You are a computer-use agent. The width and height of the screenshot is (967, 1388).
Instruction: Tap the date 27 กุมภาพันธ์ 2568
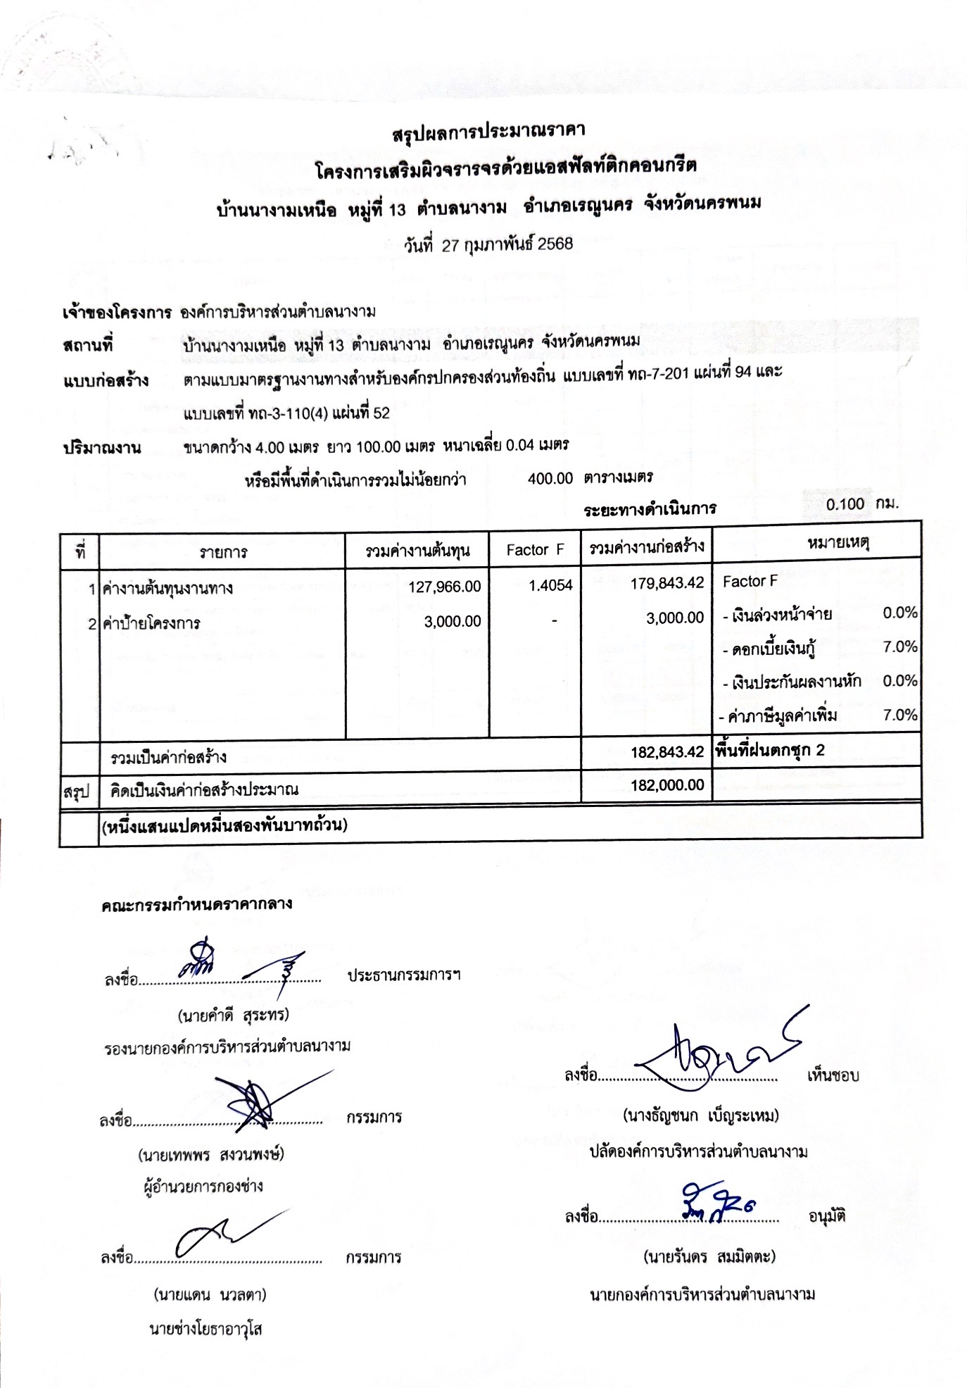click(507, 244)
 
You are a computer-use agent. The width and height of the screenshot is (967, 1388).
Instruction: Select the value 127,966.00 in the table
click(445, 587)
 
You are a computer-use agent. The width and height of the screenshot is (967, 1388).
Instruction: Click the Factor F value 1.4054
click(550, 585)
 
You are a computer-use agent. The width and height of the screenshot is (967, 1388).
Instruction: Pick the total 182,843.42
click(666, 752)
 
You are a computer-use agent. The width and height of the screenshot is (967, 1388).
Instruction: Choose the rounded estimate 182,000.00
click(666, 785)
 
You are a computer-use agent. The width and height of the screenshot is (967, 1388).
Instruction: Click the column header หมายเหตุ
click(838, 543)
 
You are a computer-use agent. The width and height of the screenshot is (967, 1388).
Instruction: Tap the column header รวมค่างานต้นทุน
click(417, 551)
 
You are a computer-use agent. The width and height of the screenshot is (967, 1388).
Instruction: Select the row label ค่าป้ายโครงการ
click(151, 623)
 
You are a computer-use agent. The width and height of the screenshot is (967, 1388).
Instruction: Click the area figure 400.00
click(550, 479)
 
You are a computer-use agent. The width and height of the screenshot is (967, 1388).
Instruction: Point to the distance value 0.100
click(845, 504)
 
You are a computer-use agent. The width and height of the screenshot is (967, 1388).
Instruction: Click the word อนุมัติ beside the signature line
click(827, 1216)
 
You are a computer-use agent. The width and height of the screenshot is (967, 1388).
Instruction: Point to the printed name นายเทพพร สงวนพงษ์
click(211, 1155)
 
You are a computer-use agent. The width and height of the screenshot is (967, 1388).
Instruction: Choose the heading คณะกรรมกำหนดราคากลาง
click(196, 905)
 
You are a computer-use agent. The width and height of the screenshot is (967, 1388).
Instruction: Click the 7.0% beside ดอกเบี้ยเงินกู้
click(900, 646)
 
